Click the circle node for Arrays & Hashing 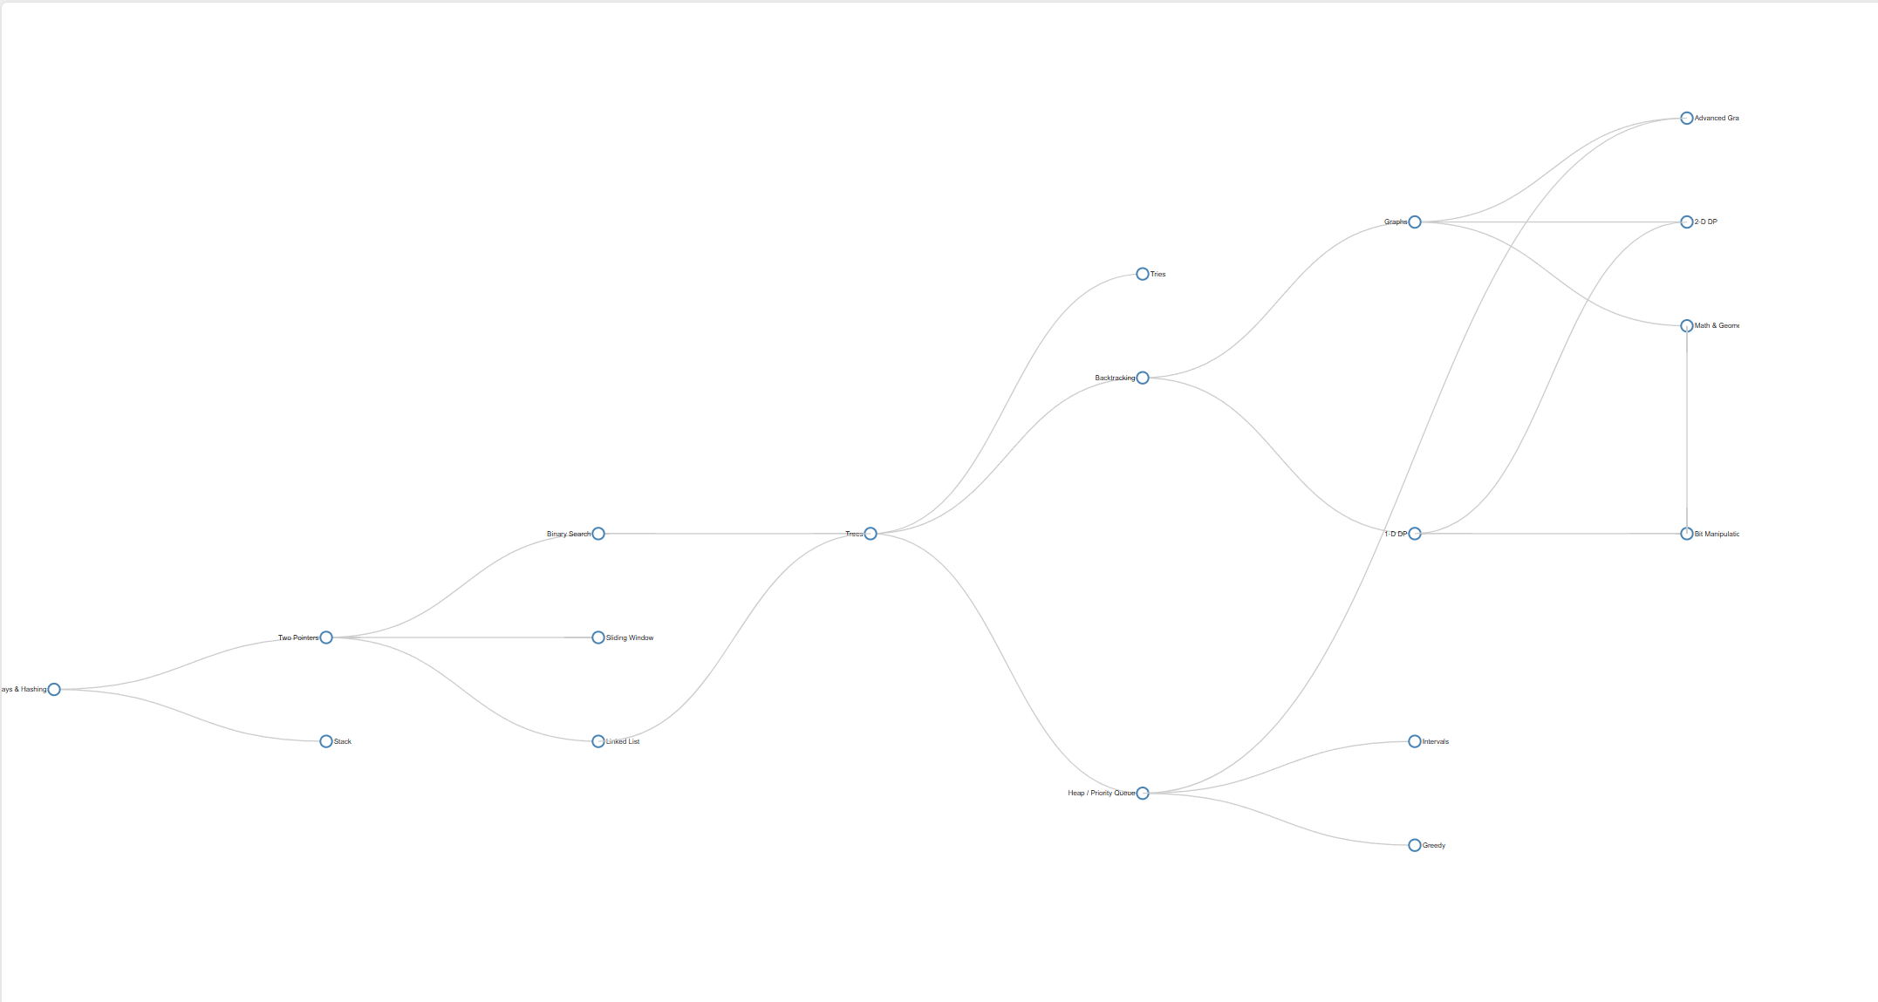click(54, 689)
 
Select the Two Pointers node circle click(326, 637)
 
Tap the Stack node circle click(326, 741)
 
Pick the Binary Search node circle click(598, 534)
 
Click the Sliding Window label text click(630, 637)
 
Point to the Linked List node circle click(598, 741)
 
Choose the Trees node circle click(871, 534)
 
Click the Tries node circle click(1143, 274)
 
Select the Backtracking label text click(1115, 378)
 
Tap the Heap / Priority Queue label click(1101, 793)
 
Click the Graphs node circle click(1415, 222)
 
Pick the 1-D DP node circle click(1415, 534)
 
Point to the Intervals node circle click(1415, 741)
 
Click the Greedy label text click(1434, 845)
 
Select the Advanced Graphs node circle click(1687, 118)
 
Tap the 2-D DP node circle click(1687, 222)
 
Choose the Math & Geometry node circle click(1687, 326)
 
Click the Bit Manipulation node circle click(1687, 534)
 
